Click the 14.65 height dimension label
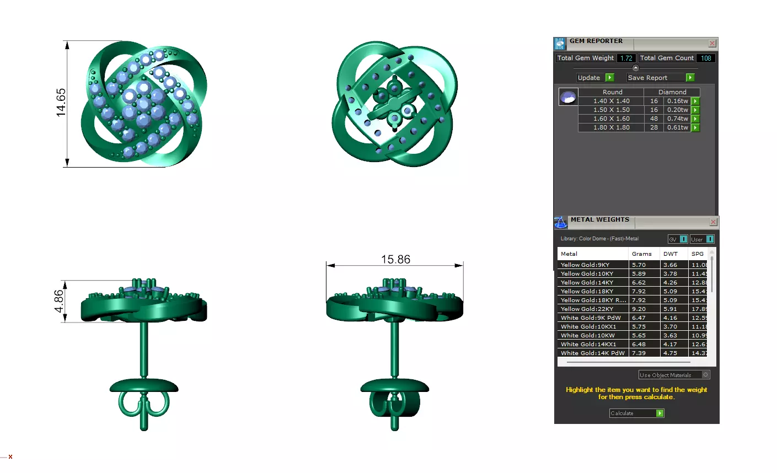[x=61, y=103]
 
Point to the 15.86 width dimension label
[x=395, y=259]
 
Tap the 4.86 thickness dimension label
[x=58, y=301]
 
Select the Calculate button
[x=636, y=413]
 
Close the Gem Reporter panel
[x=712, y=44]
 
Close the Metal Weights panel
[x=713, y=222]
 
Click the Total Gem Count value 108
[x=706, y=58]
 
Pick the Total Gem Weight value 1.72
[x=626, y=58]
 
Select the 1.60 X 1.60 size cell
[x=611, y=119]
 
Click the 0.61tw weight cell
[x=677, y=127]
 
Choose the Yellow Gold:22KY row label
[x=587, y=309]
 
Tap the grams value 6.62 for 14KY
[x=639, y=282]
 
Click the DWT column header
[x=670, y=254]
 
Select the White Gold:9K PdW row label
[x=591, y=318]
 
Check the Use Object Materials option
[x=705, y=375]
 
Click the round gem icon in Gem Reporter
[x=568, y=97]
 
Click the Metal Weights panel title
[x=599, y=219]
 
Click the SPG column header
[x=697, y=254]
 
